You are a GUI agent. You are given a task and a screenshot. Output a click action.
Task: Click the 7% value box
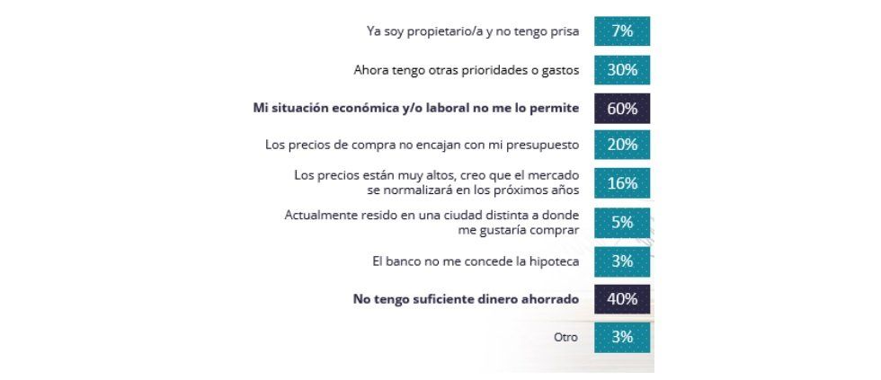621,31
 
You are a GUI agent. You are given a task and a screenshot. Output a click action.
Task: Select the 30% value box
621,68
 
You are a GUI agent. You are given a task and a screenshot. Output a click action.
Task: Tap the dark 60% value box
621,108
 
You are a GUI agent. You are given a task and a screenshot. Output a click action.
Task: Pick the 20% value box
621,145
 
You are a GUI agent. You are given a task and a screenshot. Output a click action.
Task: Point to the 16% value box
621,183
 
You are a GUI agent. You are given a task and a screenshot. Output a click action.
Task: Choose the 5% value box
621,223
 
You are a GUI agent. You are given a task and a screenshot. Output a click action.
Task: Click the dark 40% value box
621,299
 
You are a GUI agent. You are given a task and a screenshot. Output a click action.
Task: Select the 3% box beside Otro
621,338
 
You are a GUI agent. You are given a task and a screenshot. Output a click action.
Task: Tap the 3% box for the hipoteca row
621,261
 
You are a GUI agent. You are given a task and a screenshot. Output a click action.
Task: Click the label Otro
566,339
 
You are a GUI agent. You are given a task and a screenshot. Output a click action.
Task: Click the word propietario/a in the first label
441,31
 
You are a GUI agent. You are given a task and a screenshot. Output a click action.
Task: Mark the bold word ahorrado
547,300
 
